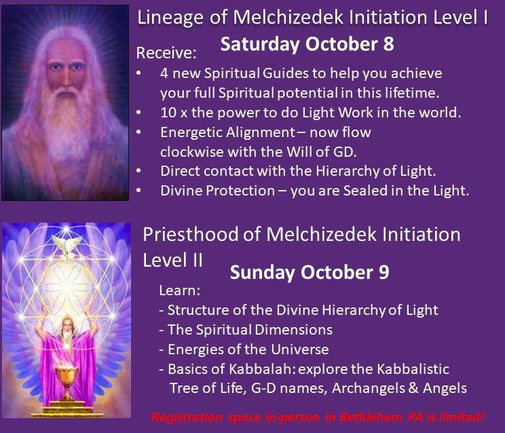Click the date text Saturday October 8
point(307,45)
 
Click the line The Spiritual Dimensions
point(249,330)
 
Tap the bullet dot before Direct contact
point(139,171)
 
